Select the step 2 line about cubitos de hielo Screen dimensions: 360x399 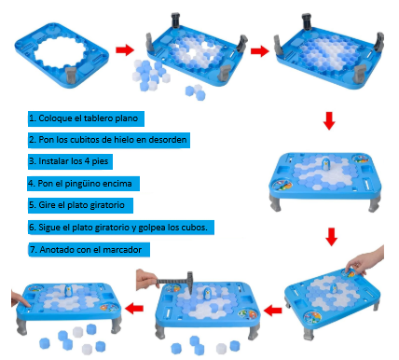(x=109, y=140)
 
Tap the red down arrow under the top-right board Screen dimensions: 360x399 (x=328, y=120)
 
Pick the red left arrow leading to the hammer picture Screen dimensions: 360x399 (x=271, y=309)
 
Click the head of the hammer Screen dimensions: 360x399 (x=185, y=273)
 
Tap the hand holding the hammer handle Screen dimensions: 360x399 (x=144, y=277)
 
